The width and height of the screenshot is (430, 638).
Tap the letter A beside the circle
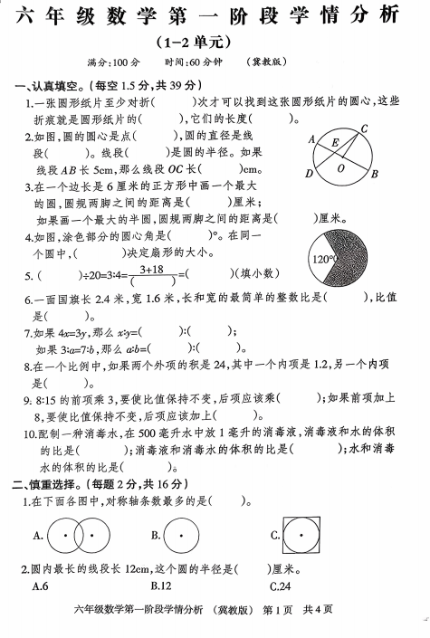click(x=311, y=139)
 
